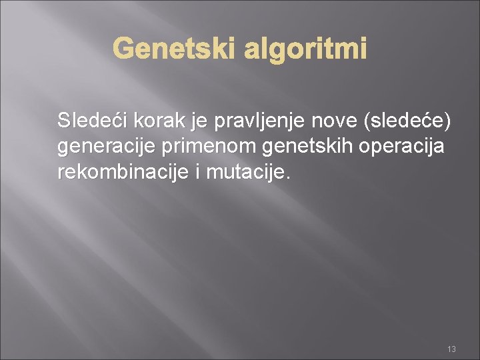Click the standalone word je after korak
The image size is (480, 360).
click(x=199, y=122)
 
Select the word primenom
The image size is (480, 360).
click(x=207, y=147)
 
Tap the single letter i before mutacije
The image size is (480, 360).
click(x=199, y=172)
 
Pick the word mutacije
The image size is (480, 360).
click(x=245, y=173)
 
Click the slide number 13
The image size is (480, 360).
click(x=451, y=349)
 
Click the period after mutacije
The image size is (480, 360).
click(x=288, y=178)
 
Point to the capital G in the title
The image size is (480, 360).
click(x=123, y=48)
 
